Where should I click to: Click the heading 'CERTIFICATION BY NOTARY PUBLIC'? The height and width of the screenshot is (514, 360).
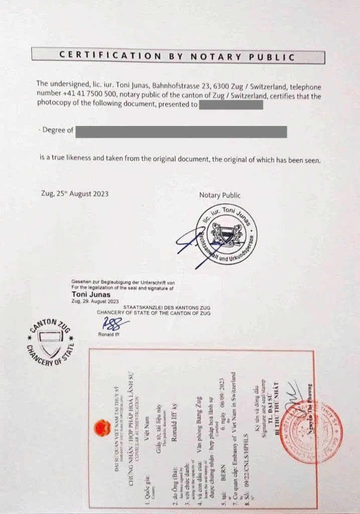click(177, 56)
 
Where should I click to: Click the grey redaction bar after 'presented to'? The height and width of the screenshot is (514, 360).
click(231, 105)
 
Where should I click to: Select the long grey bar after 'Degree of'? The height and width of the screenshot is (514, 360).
click(181, 132)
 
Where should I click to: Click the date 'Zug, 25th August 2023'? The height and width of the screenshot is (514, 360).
click(74, 193)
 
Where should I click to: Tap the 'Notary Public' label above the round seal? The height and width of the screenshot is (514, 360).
click(219, 195)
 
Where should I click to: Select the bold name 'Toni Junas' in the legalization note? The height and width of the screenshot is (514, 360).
click(91, 295)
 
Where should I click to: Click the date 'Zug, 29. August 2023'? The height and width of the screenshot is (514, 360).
click(95, 301)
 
